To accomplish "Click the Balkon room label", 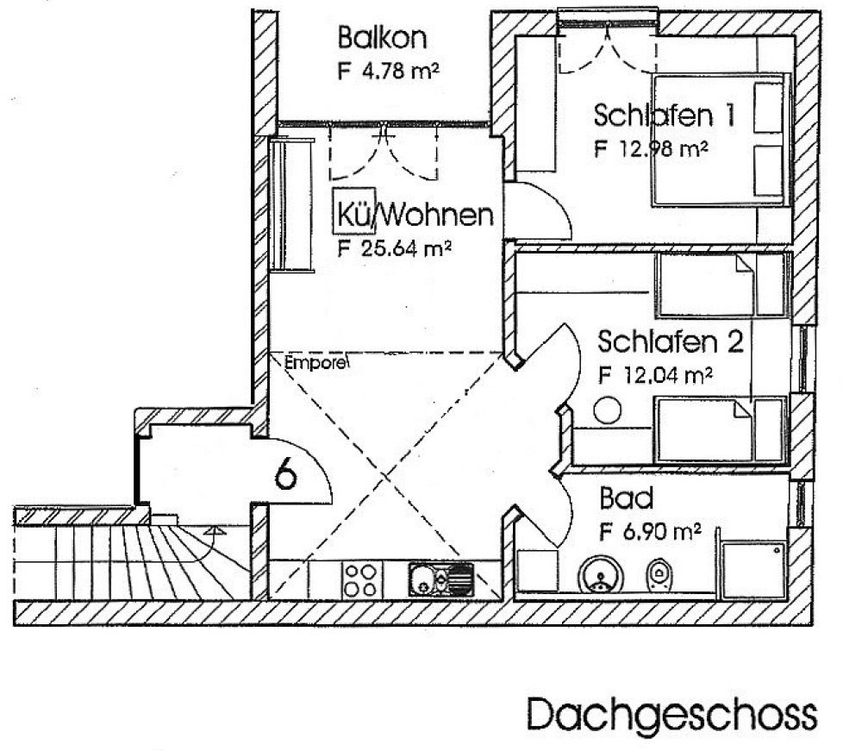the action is click(382, 38).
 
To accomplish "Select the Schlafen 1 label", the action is click(664, 116).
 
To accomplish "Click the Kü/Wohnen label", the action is click(413, 214).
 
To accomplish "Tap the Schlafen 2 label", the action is click(671, 341).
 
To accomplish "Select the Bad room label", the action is click(627, 498).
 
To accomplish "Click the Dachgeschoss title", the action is click(672, 713).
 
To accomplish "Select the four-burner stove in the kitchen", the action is click(361, 580).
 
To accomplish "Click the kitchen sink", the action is click(440, 579).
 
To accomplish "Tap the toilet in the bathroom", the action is click(658, 574).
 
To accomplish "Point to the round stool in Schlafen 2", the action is click(608, 410).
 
